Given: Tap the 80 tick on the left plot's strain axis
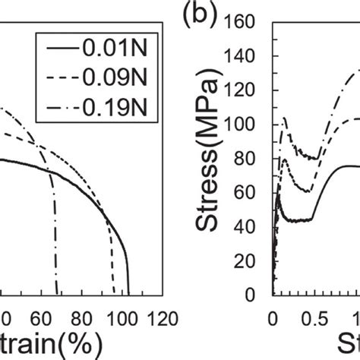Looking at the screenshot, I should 84,317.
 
